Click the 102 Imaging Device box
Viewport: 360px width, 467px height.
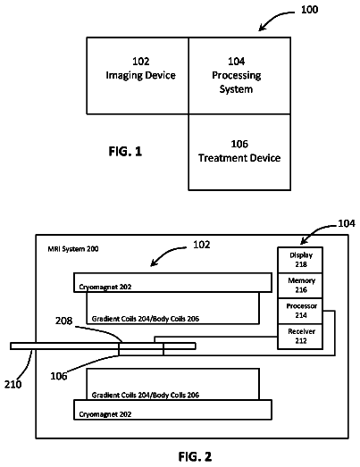pyautogui.click(x=138, y=76)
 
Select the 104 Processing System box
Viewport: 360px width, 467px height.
pyautogui.click(x=239, y=76)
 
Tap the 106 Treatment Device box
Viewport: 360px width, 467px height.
pyautogui.click(x=239, y=152)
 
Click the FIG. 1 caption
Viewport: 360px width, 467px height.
pyautogui.click(x=125, y=151)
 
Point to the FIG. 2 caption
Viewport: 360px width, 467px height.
pyautogui.click(x=195, y=456)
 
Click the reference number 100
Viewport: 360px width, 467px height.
pyautogui.click(x=309, y=10)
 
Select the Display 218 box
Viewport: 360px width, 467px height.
pyautogui.click(x=300, y=260)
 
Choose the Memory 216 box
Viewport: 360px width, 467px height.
pyautogui.click(x=300, y=286)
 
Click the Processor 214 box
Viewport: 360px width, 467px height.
pyautogui.click(x=300, y=311)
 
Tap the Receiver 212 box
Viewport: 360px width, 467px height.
pyautogui.click(x=300, y=337)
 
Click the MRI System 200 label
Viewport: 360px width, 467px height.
pyautogui.click(x=73, y=249)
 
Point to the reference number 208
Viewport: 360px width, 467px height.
pyautogui.click(x=63, y=321)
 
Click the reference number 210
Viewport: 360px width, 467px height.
pyautogui.click(x=13, y=384)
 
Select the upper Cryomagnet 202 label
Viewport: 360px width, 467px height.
pyautogui.click(x=105, y=287)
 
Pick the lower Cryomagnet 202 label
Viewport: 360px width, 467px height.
pyautogui.click(x=105, y=414)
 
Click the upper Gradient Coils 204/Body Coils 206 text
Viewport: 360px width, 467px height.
pyautogui.click(x=146, y=319)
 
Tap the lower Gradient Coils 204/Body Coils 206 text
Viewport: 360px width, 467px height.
pyautogui.click(x=146, y=395)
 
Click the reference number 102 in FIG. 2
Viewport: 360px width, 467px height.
pyautogui.click(x=202, y=245)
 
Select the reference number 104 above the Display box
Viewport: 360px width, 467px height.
pyautogui.click(x=347, y=223)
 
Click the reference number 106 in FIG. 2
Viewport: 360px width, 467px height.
pyautogui.click(x=59, y=376)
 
